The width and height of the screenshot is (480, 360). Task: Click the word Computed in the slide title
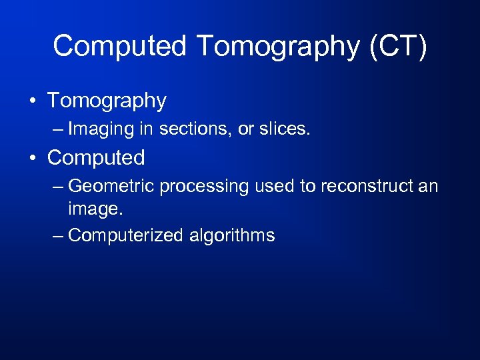click(x=121, y=46)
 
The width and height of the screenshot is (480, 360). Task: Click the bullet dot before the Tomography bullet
click(x=33, y=101)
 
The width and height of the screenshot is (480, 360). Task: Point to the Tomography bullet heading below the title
click(x=107, y=101)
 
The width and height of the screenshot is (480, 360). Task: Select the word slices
click(x=284, y=128)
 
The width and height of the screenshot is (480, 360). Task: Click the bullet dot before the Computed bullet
click(x=33, y=159)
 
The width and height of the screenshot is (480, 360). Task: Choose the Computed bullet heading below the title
click(x=96, y=158)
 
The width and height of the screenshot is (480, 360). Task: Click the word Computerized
click(x=126, y=235)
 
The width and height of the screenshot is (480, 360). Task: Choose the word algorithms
click(x=231, y=235)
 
